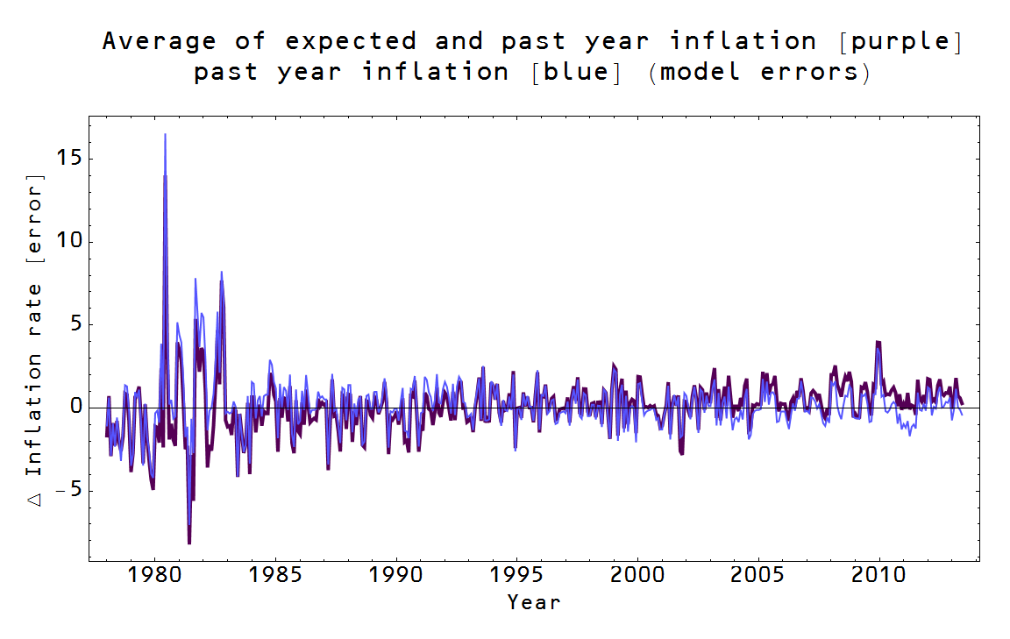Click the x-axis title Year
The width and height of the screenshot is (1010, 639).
[x=533, y=602]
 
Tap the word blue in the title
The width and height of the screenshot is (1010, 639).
[x=576, y=71]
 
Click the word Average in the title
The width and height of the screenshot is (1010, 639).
[x=159, y=41]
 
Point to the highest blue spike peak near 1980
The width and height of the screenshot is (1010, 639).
[x=165, y=135]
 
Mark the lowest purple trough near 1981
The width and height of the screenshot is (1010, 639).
[x=188, y=543]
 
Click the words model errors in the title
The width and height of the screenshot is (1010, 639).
[x=760, y=71]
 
